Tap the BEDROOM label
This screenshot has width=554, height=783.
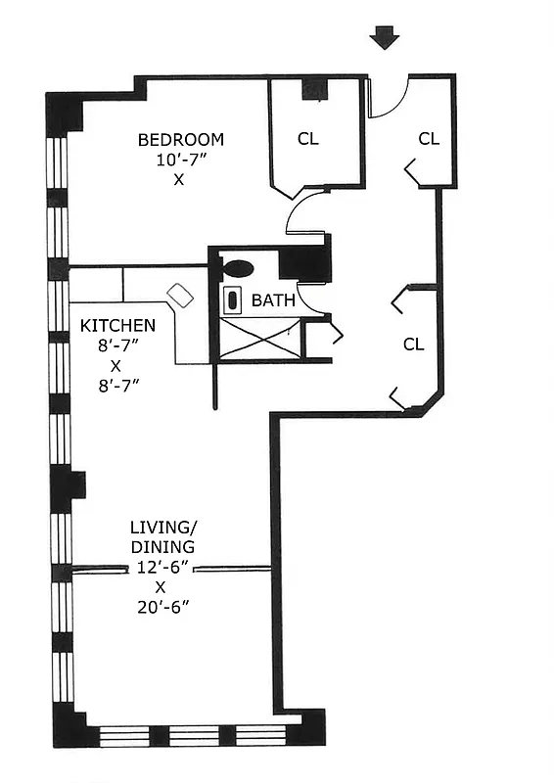(x=180, y=139)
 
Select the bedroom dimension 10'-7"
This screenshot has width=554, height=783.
(x=180, y=160)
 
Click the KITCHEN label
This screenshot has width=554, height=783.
(x=116, y=325)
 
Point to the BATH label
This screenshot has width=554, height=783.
(x=273, y=300)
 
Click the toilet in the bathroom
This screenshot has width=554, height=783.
(x=238, y=268)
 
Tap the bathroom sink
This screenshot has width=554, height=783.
(x=235, y=300)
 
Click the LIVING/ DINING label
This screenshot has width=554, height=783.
(x=162, y=537)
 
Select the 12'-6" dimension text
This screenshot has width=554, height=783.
(x=162, y=568)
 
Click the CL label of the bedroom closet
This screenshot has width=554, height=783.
(x=308, y=138)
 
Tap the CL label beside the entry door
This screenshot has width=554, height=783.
(x=429, y=138)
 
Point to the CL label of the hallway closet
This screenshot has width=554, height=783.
(x=414, y=344)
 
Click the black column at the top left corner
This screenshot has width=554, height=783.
(x=64, y=111)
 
